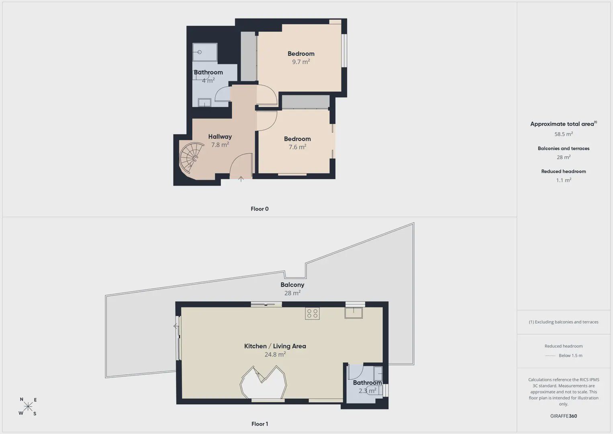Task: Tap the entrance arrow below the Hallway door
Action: (x=241, y=179)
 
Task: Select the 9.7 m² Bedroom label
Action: (x=301, y=54)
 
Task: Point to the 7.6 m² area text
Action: (x=297, y=147)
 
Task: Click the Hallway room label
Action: (x=220, y=137)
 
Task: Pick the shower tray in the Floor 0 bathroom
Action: (x=205, y=52)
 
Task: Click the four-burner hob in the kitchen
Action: (x=312, y=313)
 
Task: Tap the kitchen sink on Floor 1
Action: (x=353, y=313)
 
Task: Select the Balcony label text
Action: (x=292, y=285)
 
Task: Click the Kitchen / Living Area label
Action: (x=275, y=346)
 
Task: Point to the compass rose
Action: (x=28, y=406)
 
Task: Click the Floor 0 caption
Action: (x=260, y=209)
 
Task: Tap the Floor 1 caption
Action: (x=260, y=424)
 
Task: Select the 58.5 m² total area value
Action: (x=564, y=134)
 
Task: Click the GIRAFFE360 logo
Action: (x=564, y=416)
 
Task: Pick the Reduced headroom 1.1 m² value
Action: (x=564, y=180)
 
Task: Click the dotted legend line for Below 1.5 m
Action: (x=550, y=356)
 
